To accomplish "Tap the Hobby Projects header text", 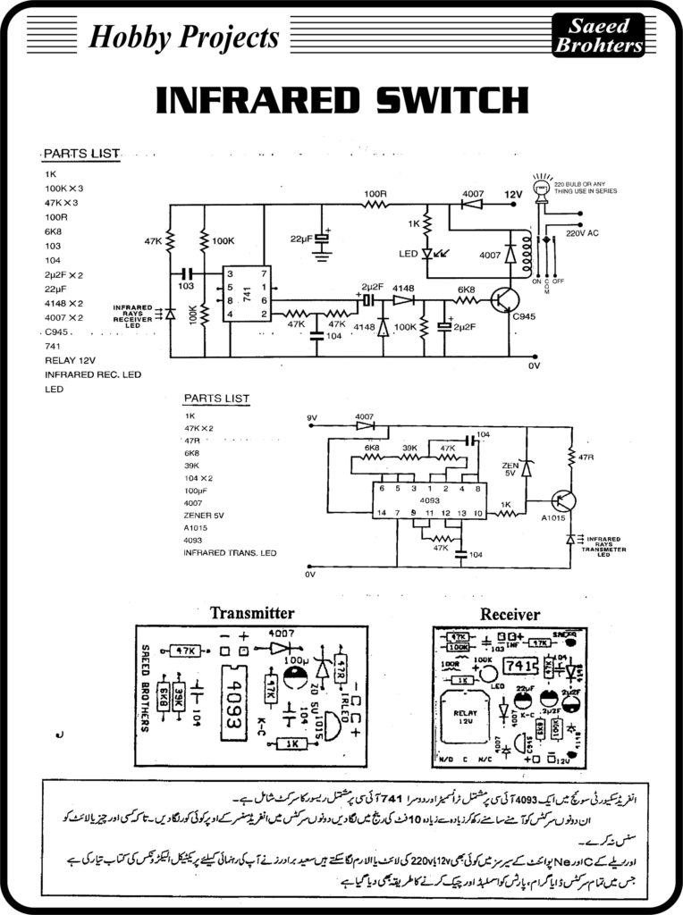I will [x=184, y=38].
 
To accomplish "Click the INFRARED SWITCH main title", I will [x=341, y=100].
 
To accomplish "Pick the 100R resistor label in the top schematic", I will [x=375, y=193].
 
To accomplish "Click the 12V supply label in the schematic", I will [x=511, y=194].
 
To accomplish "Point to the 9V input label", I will [x=312, y=417].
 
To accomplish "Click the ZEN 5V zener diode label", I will [x=508, y=469].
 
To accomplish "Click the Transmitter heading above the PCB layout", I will [x=251, y=613].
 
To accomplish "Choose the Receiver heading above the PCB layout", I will [x=510, y=614].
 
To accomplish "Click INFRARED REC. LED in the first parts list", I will [x=93, y=375].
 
